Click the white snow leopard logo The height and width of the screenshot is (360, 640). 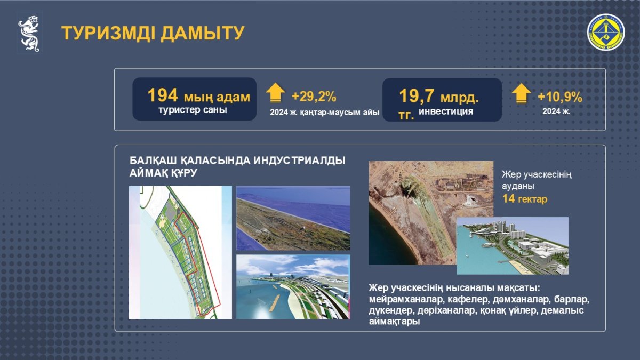click(29, 34)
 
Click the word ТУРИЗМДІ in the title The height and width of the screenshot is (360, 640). click(109, 33)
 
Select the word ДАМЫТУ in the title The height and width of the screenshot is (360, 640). click(203, 33)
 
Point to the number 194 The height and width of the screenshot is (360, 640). click(163, 95)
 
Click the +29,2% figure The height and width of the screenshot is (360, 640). click(314, 97)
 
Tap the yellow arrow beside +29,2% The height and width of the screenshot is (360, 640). click(275, 93)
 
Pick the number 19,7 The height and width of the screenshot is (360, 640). click(417, 95)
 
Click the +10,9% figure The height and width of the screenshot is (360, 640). click(559, 97)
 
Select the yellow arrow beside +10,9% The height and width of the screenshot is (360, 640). click(522, 93)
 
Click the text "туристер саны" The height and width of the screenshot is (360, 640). click(193, 110)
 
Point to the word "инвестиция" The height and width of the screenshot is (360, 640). click(446, 111)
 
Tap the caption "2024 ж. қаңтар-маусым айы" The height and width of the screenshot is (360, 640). click(325, 113)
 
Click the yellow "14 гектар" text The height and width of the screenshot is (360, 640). click(525, 199)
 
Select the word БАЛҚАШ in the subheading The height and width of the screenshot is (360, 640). click(153, 161)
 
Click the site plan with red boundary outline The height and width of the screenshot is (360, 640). click(180, 253)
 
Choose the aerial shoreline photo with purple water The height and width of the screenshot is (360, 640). click(293, 218)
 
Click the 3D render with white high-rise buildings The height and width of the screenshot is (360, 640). click(513, 246)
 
